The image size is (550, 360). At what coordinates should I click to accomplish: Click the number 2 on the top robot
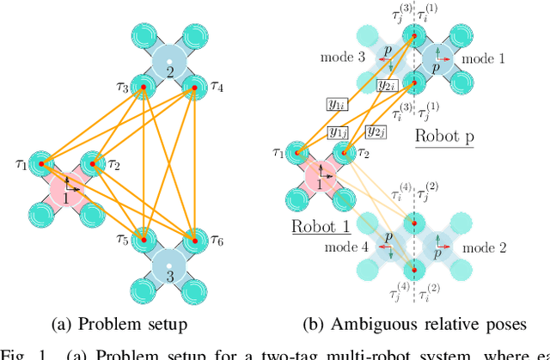169,71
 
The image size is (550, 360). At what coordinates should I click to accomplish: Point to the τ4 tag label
217,87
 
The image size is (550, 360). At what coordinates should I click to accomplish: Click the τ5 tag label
121,240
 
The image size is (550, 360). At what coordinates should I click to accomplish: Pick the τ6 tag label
219,240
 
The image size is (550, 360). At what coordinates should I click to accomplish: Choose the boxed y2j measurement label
376,131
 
